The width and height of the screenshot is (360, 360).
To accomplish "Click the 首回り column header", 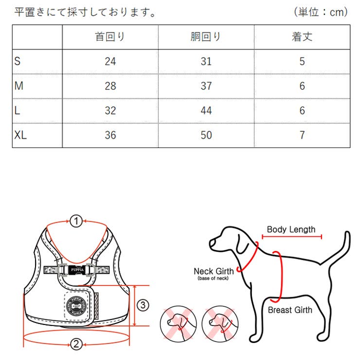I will [110, 37].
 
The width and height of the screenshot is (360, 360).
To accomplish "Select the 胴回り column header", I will [206, 37].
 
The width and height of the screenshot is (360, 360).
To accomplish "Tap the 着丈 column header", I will [302, 37].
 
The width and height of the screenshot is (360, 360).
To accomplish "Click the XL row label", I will [21, 135].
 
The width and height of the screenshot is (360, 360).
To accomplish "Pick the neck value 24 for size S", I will [110, 61].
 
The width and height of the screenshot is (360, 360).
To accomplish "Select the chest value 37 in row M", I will [206, 86].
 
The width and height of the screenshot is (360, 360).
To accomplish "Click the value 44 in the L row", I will [206, 110].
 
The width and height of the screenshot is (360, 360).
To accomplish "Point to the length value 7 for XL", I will [302, 135].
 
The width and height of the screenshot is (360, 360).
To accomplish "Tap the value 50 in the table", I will [206, 135].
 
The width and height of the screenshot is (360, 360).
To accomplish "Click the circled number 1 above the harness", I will [75, 221].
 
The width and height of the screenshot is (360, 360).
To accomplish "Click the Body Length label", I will [291, 230].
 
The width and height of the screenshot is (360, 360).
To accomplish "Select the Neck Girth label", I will [213, 271].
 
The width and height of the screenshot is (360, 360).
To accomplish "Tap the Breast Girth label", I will [290, 309].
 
